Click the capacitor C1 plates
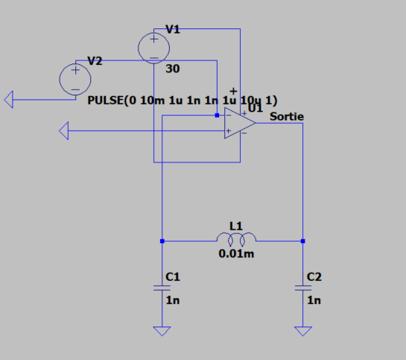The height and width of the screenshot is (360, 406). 162,288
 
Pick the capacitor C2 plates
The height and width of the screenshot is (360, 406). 303,288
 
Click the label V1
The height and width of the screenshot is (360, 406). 173,29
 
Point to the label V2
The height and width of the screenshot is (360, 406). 95,61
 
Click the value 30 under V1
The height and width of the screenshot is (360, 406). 173,69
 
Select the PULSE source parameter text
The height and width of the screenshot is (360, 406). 183,101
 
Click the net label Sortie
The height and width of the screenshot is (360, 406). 287,116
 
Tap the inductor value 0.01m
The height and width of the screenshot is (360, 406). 236,253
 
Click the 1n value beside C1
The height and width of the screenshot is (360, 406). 173,300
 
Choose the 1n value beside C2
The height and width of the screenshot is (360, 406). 314,300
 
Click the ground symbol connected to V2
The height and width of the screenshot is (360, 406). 9,99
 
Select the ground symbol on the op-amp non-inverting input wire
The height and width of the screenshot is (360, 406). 64,130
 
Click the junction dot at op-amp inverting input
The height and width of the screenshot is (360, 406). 217,116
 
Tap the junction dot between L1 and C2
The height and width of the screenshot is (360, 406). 303,241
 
